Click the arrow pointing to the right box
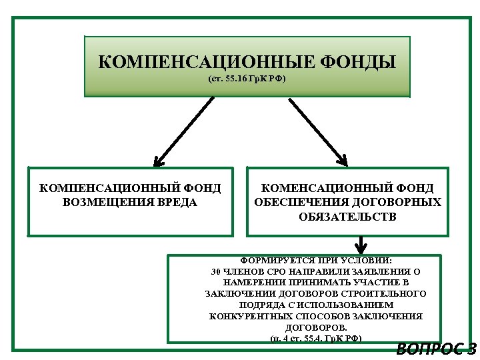coord(318,131)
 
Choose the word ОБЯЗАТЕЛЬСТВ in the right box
coord(347,217)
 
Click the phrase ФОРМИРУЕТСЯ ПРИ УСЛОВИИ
coord(316,261)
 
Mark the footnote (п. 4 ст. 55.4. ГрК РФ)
coord(316,339)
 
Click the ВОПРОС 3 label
coord(436,349)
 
